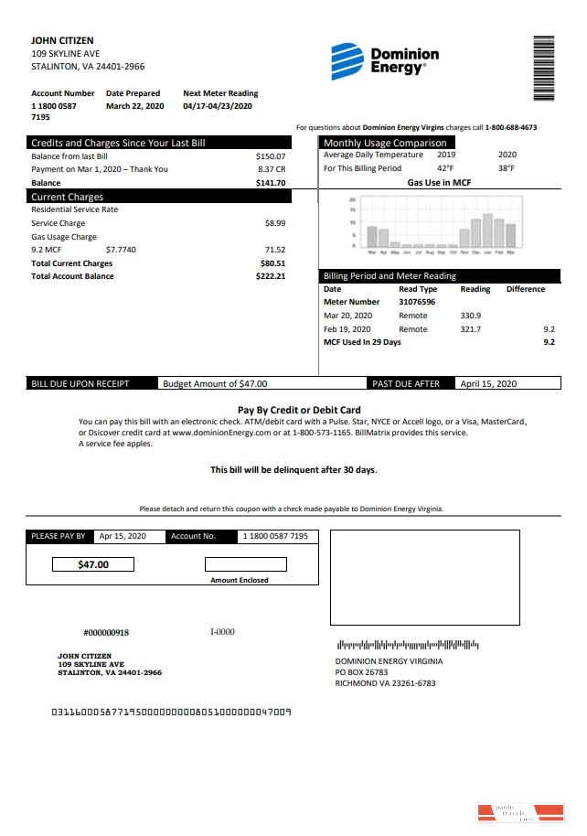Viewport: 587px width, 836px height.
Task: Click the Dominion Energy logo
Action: (x=384, y=60)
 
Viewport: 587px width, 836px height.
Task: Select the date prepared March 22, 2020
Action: (x=134, y=106)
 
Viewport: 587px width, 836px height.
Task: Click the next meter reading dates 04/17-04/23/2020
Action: (x=219, y=106)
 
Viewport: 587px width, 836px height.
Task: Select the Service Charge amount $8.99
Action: (x=274, y=222)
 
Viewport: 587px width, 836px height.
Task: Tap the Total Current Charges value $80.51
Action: (x=272, y=263)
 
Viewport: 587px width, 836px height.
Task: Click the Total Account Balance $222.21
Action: (x=271, y=276)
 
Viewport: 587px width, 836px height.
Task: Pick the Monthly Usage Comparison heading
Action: (x=385, y=143)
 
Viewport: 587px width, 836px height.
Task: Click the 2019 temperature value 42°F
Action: (x=444, y=168)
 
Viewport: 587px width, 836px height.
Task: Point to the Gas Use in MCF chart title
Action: (x=439, y=183)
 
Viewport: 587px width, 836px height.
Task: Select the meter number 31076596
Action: (x=417, y=302)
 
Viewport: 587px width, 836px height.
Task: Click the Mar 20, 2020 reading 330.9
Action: (x=471, y=316)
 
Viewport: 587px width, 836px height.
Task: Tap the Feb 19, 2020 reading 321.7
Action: (x=471, y=329)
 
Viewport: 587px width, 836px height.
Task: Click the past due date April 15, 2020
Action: (x=488, y=384)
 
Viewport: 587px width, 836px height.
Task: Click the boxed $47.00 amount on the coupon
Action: (x=93, y=564)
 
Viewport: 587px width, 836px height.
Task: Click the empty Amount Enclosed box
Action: (x=245, y=564)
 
